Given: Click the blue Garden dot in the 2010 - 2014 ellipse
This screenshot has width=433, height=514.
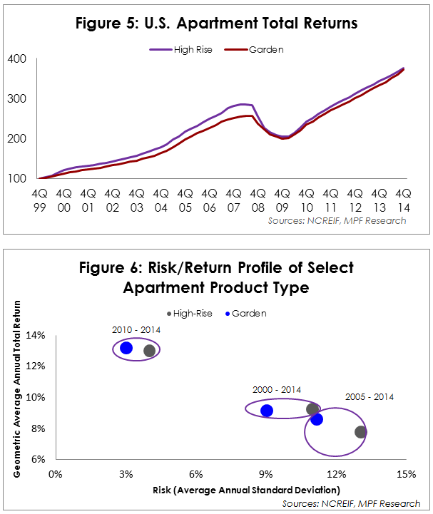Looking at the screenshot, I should [126, 348].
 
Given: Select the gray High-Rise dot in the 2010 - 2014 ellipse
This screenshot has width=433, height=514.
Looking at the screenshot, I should [149, 351].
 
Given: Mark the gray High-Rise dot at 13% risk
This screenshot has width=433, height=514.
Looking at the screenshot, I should [360, 432].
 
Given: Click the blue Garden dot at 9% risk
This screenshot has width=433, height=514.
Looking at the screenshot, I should [267, 411].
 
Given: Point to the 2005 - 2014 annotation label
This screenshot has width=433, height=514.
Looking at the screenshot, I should [370, 396].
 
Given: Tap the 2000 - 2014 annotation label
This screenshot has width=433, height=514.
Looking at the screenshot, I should [277, 390].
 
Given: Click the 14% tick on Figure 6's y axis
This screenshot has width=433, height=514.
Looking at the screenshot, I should [36, 335].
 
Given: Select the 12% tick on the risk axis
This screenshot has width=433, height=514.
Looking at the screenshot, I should [337, 473].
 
